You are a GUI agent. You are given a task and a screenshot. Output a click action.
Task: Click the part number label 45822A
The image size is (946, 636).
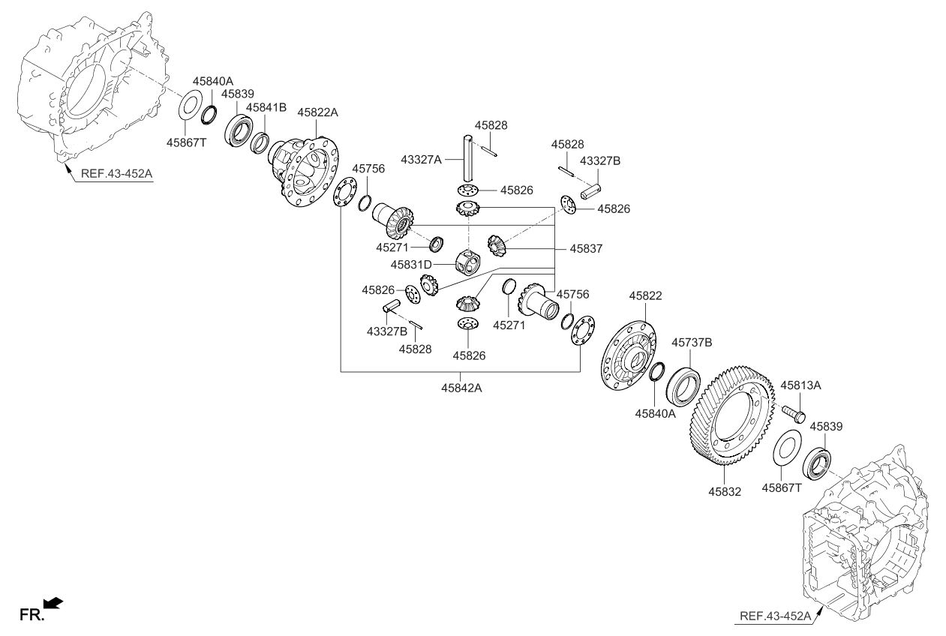pos(318,112)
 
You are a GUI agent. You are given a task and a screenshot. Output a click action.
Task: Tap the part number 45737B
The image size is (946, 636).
pos(692,343)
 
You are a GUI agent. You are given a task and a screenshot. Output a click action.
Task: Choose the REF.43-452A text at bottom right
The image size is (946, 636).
pos(775,616)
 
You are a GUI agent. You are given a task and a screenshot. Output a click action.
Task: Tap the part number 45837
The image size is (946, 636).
pos(587,247)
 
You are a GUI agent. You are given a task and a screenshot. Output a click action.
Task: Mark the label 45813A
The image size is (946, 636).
pos(801,385)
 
